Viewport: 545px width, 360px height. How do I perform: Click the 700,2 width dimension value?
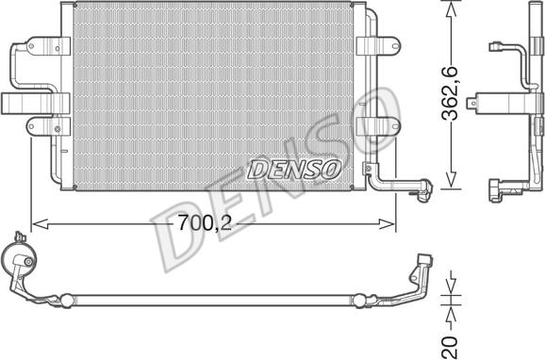pos(205,223)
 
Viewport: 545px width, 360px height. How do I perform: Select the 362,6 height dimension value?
pos(450,93)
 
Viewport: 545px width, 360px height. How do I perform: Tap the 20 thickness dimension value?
pos(450,348)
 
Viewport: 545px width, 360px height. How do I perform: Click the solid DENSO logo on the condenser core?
pos(293,170)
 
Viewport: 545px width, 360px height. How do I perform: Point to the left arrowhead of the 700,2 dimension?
pos(40,224)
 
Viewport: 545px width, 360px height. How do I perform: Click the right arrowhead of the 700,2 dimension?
pos(387,224)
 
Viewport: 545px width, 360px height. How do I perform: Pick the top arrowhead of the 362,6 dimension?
pos(451,8)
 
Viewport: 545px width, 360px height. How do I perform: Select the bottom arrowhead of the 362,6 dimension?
pos(451,181)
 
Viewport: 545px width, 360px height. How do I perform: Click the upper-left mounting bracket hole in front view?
pos(30,46)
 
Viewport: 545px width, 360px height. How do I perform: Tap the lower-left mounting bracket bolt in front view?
pos(58,129)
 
